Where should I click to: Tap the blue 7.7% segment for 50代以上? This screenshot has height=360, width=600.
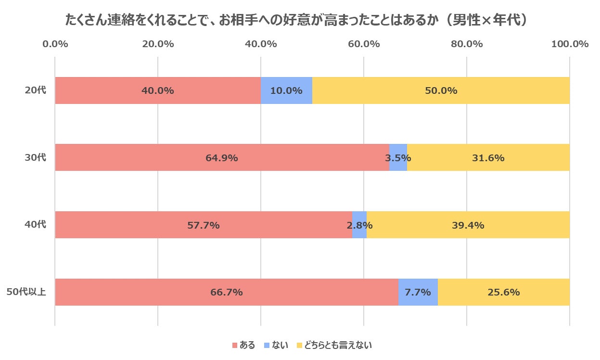coord(418,292)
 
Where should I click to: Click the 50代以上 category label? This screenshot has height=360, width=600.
coord(26,292)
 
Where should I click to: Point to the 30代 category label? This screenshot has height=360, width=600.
coord(36,157)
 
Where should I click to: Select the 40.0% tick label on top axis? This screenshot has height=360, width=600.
coord(261,44)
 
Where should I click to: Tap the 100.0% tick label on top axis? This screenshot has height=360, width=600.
coord(570,44)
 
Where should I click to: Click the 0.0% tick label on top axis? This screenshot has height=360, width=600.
coord(55,44)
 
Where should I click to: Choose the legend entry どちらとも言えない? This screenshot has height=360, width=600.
coord(334,345)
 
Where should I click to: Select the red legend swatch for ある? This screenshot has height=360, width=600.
coord(235,345)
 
